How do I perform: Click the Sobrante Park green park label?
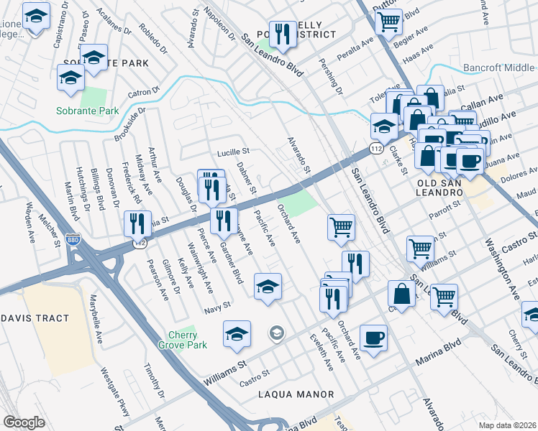click(88, 111)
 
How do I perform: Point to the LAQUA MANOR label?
click(298, 394)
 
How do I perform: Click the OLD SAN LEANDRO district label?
click(450, 193)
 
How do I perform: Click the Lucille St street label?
click(232, 152)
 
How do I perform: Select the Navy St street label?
click(217, 305)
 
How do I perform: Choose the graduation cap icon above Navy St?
click(268, 287)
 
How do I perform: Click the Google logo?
click(24, 422)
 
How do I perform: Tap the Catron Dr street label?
click(144, 92)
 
